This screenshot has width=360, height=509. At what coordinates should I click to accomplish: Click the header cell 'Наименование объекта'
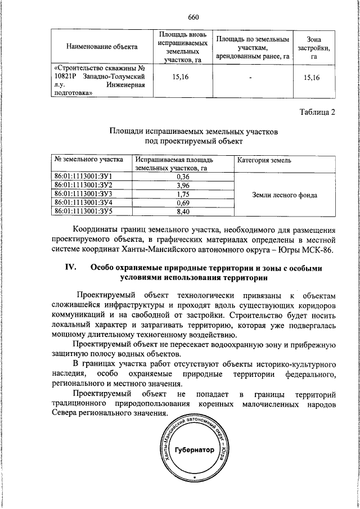click(100, 46)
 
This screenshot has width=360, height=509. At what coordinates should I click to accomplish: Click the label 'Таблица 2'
click(317, 112)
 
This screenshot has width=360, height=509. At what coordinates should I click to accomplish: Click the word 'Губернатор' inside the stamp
click(195, 451)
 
